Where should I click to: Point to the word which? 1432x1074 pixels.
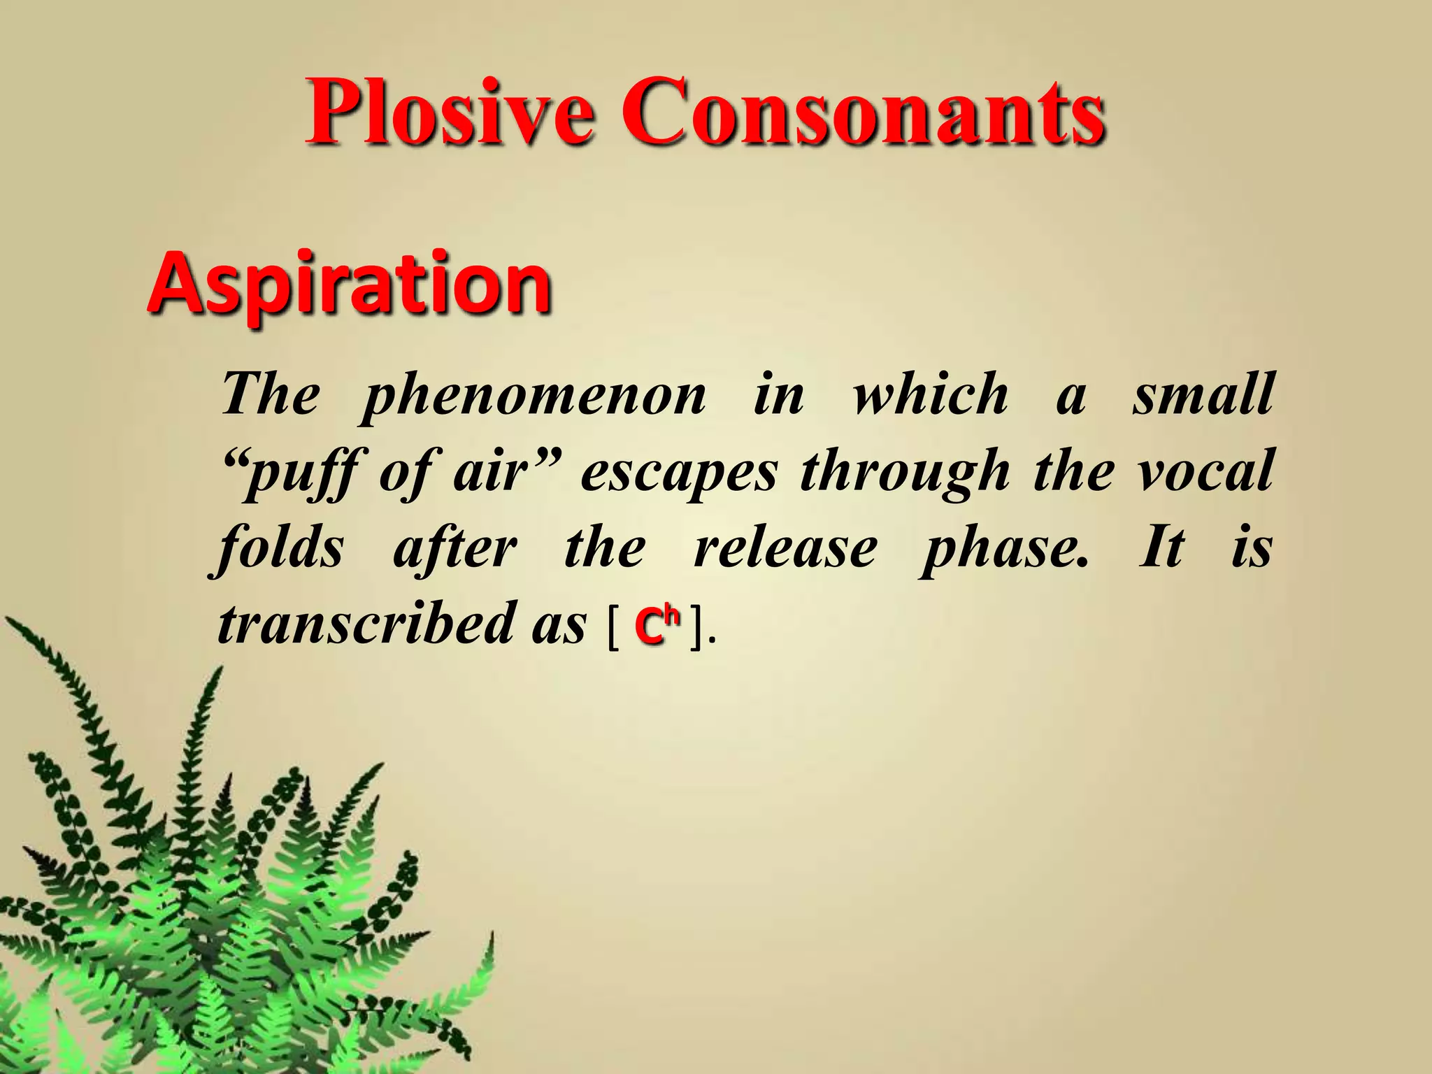[931, 395]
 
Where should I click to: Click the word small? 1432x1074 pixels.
[1203, 395]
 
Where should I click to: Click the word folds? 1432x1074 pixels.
[280, 550]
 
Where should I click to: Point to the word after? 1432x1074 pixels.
[455, 550]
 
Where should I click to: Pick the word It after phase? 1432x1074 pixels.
[1161, 548]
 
